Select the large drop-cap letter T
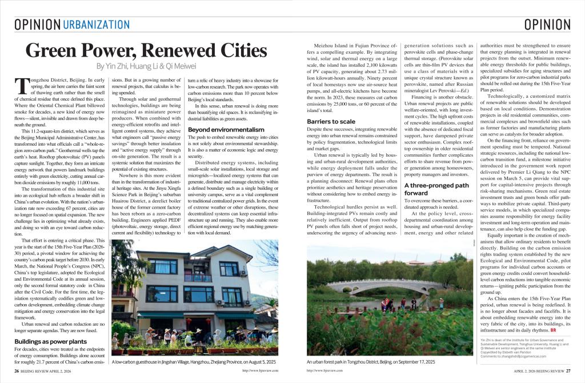click(x=21, y=85)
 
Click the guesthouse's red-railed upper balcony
click(x=198, y=278)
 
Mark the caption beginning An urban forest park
click(x=370, y=362)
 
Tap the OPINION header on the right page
click(x=547, y=24)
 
